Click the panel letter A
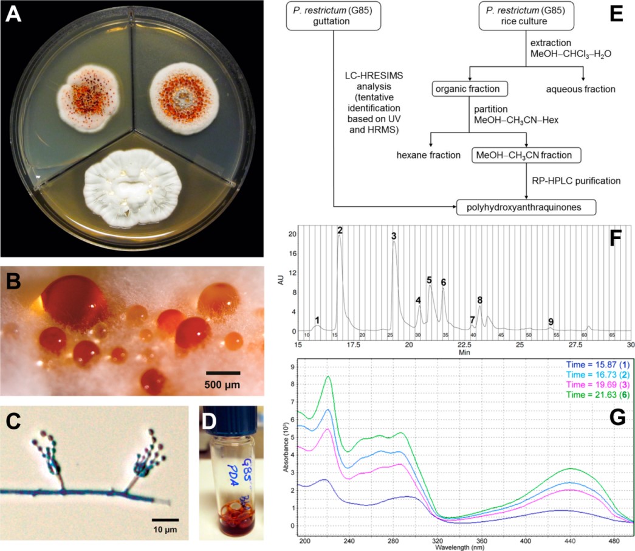click(x=15, y=15)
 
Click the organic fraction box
click(x=470, y=89)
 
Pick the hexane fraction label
click(x=428, y=155)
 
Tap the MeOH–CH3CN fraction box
click(x=526, y=155)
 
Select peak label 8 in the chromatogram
click(x=480, y=300)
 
